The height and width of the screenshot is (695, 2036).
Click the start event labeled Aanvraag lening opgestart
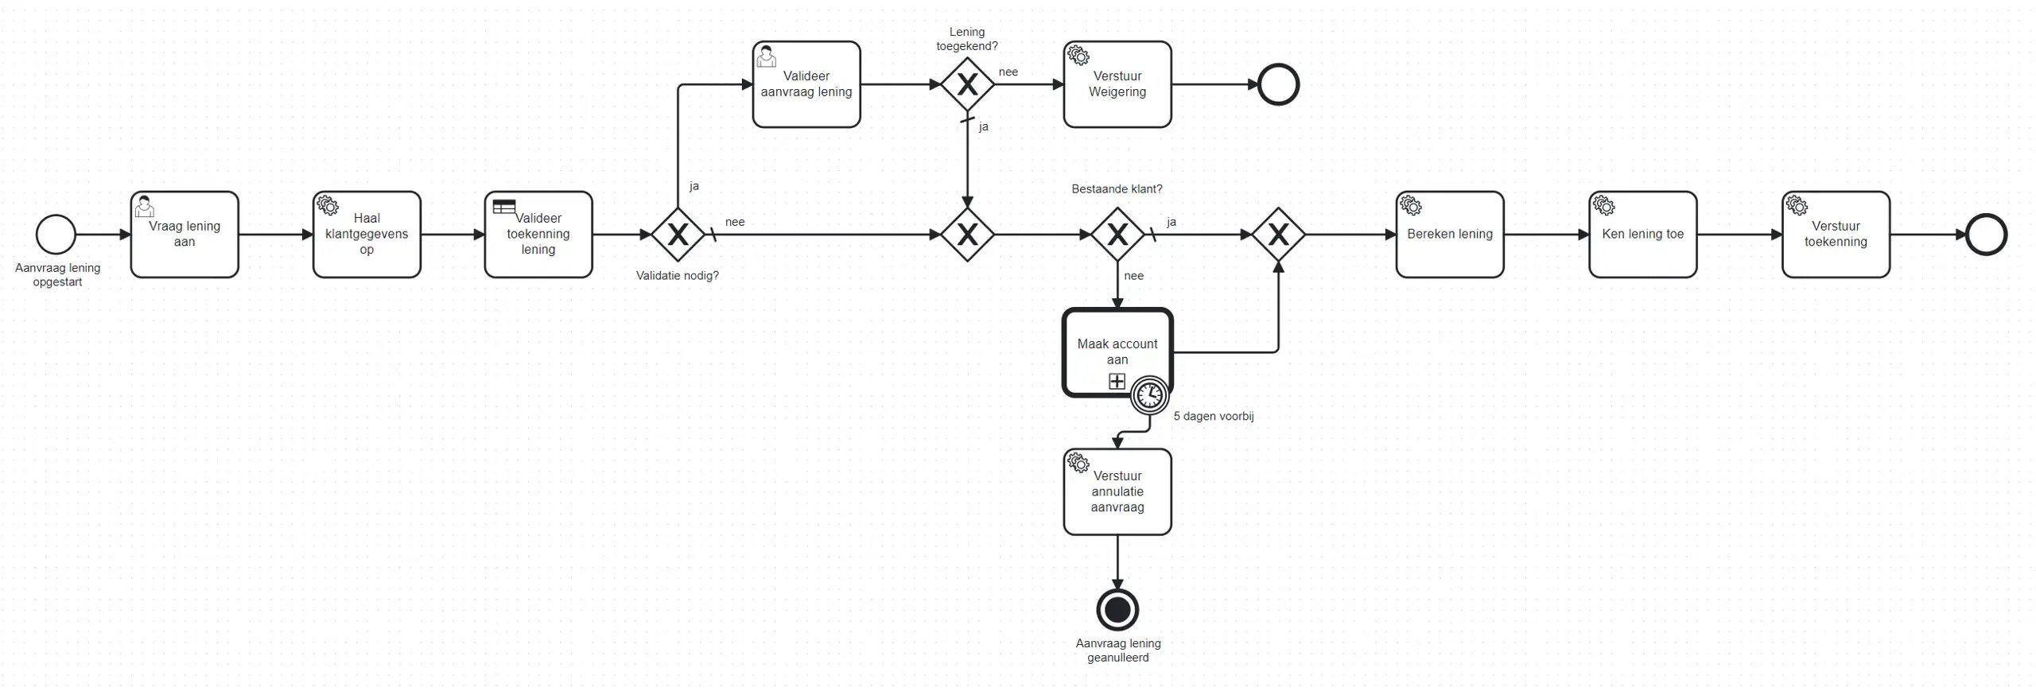tap(56, 235)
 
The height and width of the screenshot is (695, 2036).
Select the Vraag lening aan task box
tap(185, 235)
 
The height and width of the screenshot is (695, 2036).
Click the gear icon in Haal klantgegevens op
tap(327, 204)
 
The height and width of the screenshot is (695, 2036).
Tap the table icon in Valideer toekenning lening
tap(503, 206)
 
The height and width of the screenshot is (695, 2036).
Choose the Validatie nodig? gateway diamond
tap(678, 235)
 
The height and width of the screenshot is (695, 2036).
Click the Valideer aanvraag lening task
tap(806, 84)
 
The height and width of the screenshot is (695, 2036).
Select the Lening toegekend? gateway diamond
tap(967, 84)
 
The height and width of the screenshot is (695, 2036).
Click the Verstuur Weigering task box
tap(1117, 84)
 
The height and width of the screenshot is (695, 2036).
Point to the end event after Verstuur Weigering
tap(1278, 84)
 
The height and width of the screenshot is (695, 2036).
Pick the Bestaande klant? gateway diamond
tap(1117, 235)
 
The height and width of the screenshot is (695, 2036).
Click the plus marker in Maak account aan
tap(1117, 382)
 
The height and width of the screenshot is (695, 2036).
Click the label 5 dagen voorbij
tap(1213, 416)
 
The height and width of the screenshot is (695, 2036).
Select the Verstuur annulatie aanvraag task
tap(1117, 491)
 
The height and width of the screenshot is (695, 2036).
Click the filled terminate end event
tap(1117, 610)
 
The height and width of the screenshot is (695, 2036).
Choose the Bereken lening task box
tap(1450, 235)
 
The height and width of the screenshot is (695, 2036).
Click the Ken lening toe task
tap(1642, 235)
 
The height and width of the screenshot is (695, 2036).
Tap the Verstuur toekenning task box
tap(1836, 235)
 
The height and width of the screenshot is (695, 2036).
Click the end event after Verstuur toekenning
tap(1986, 235)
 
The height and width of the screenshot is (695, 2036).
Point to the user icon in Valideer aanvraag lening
tap(766, 56)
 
